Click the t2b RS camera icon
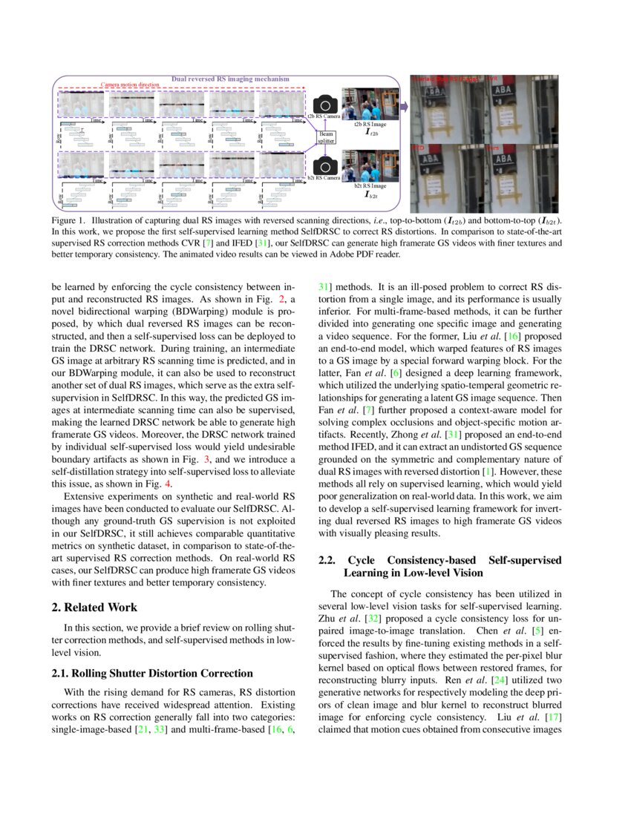tap(326, 104)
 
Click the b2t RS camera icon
tap(326, 164)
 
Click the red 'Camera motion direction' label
tap(130, 85)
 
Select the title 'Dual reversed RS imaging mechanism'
tap(230, 79)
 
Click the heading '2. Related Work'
tap(94, 607)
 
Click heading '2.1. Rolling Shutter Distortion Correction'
tap(152, 673)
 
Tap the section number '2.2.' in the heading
tap(329, 560)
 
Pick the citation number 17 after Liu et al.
tap(552, 718)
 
